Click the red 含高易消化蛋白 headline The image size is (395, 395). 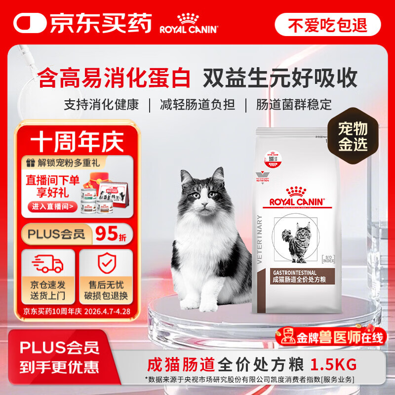115,78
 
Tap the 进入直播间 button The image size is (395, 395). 53,206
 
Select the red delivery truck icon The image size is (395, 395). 48,264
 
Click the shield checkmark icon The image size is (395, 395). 106,265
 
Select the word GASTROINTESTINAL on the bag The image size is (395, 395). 291,273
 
